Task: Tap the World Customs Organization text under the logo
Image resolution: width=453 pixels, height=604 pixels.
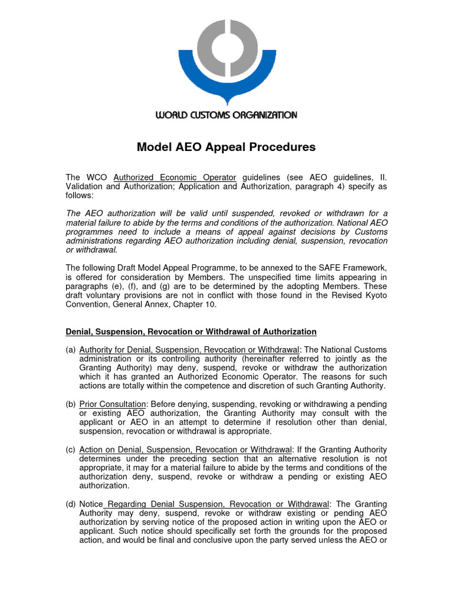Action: click(226, 115)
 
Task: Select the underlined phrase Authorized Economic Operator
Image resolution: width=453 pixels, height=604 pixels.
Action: click(175, 177)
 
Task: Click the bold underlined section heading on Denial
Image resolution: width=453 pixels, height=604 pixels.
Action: click(191, 331)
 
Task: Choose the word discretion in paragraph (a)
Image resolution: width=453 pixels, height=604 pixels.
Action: click(262, 385)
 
